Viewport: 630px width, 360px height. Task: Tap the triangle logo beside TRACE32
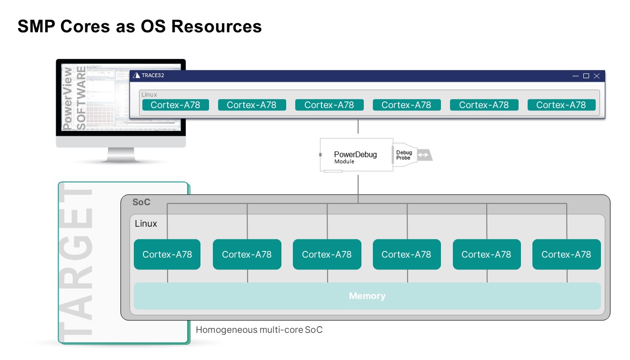[x=137, y=75]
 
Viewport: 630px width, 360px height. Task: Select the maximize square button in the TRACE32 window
[x=586, y=76]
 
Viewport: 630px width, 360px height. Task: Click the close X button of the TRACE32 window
[x=597, y=76]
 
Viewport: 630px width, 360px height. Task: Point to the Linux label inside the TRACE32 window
[x=149, y=95]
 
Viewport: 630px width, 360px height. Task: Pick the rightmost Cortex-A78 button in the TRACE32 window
[x=561, y=105]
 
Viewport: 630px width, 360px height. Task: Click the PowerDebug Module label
[x=355, y=157]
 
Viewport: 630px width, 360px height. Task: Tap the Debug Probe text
[x=404, y=155]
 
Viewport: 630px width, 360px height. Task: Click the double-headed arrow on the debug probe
[x=423, y=155]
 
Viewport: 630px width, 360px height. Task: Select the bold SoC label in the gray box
[x=141, y=202]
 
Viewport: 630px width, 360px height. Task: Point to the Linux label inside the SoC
[x=146, y=223]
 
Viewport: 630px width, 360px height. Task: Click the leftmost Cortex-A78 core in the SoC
[x=167, y=254]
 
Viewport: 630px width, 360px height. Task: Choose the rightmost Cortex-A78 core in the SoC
[x=566, y=254]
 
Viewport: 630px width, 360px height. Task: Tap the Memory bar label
[x=367, y=296]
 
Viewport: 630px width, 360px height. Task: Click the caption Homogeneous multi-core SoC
[x=259, y=330]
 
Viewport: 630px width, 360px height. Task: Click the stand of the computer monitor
[x=120, y=155]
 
